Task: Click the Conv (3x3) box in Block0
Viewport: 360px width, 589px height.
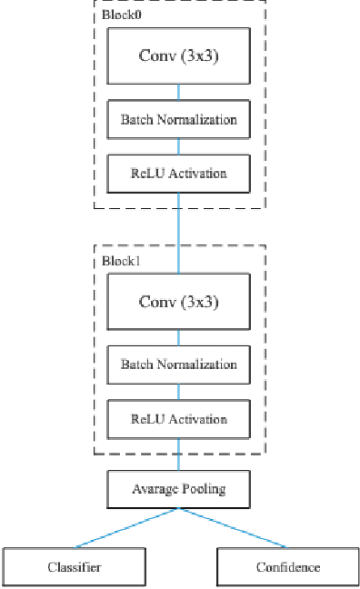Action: (178, 55)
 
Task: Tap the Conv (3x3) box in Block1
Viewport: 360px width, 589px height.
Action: (178, 301)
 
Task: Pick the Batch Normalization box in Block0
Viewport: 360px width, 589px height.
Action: (178, 119)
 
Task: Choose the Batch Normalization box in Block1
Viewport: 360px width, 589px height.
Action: (178, 364)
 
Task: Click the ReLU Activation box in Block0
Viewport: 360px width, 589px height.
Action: (178, 173)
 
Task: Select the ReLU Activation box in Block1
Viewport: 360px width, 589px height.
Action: (178, 419)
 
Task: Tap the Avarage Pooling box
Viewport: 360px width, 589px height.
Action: (178, 489)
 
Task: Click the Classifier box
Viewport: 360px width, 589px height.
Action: (75, 567)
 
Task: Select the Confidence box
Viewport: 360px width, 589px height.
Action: (286, 567)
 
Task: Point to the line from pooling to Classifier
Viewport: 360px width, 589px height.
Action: (127, 528)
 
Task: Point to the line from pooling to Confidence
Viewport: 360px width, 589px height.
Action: (232, 528)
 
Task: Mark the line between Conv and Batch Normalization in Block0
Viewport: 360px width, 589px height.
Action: (178, 93)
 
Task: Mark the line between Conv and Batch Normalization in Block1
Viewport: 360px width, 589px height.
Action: (178, 338)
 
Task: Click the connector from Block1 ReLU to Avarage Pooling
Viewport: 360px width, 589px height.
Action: (178, 454)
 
